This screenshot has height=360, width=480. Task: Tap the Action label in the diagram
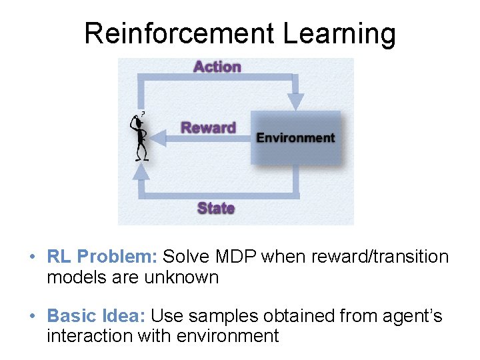217,67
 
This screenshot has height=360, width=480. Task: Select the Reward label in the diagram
209,127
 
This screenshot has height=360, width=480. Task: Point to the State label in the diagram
216,208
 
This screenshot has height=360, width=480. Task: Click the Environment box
295,138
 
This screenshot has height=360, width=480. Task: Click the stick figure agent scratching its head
140,137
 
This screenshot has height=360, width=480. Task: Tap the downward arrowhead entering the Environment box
295,102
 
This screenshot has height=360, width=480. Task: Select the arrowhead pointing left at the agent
157,138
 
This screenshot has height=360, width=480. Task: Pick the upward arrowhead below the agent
141,172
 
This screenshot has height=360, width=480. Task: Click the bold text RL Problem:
102,257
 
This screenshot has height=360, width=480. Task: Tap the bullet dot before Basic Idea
33,317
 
